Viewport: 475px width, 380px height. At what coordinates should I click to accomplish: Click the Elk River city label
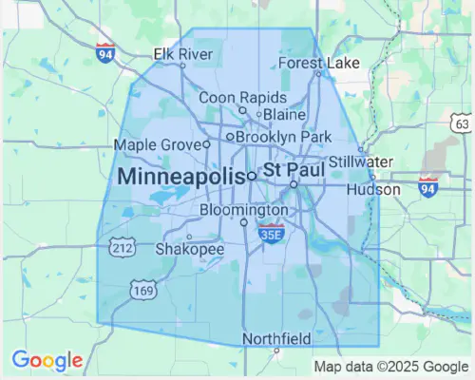183,54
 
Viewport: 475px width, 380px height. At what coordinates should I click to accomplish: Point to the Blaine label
284,114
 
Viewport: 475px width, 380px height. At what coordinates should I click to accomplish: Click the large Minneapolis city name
180,177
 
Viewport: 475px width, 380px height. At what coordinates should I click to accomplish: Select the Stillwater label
361,161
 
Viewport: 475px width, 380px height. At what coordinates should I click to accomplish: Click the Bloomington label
244,209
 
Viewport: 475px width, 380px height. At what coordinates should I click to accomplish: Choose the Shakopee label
190,250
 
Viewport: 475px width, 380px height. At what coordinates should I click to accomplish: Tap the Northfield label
276,338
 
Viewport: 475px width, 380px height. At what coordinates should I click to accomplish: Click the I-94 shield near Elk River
104,53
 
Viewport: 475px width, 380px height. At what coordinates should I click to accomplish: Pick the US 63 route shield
462,123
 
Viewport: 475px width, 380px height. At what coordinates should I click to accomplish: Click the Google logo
47,361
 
